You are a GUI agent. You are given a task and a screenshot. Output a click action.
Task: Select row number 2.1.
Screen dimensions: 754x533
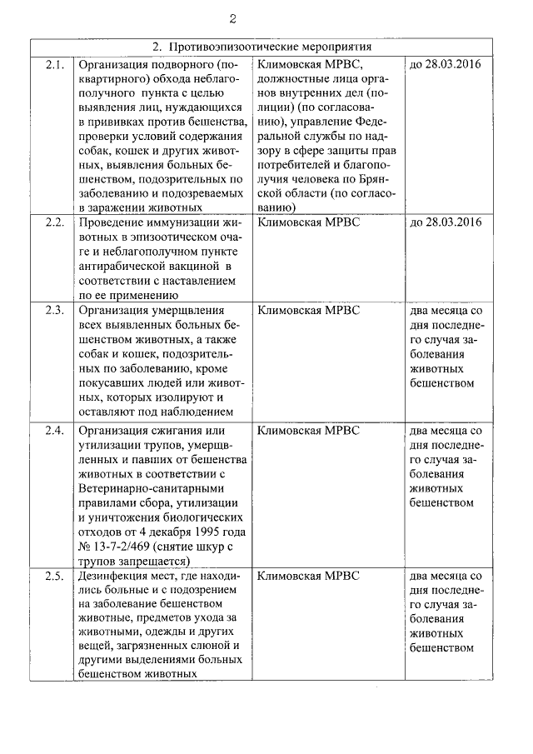(x=54, y=63)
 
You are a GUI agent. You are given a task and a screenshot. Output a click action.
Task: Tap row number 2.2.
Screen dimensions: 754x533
(x=54, y=222)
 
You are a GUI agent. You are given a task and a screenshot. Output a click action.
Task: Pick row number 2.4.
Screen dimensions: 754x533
(x=54, y=430)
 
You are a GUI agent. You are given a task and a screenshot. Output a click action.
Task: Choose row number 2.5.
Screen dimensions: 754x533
(x=54, y=575)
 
